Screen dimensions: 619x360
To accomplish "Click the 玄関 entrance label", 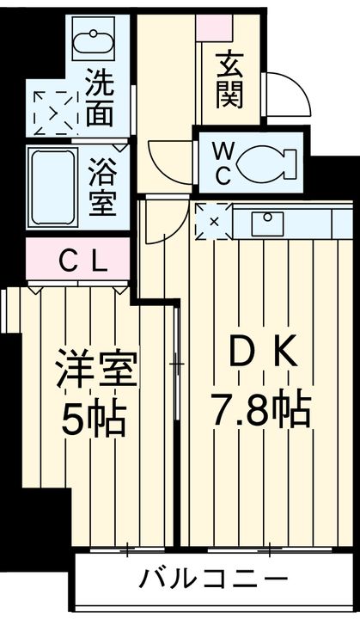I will (229, 78).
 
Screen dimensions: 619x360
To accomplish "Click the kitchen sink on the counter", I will (263, 223).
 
